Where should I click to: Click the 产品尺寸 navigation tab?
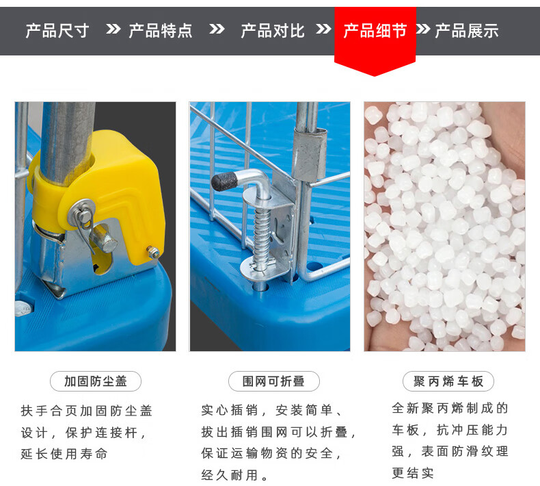[x=57, y=31]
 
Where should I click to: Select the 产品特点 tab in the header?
[x=161, y=31]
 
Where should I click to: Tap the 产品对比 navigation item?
[x=273, y=31]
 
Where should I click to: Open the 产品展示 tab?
[x=467, y=31]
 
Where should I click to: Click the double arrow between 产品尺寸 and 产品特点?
[x=113, y=29]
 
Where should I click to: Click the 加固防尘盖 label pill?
[x=96, y=381]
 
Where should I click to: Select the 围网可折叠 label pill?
[x=274, y=381]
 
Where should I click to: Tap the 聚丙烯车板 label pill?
[x=448, y=381]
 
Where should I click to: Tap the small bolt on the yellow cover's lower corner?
[x=153, y=252]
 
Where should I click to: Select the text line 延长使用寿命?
[x=64, y=454]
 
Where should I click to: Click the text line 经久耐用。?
[x=234, y=475]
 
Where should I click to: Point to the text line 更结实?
[x=413, y=473]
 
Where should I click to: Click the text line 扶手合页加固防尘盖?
[x=86, y=411]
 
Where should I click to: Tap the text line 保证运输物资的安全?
[x=271, y=454]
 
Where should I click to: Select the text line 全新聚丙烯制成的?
[x=450, y=409]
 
